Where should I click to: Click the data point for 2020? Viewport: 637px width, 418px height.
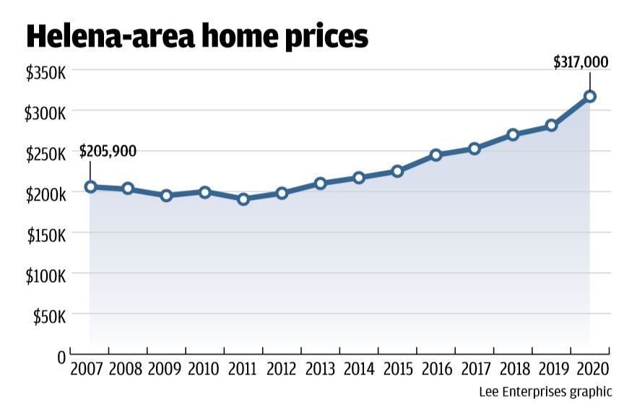click(590, 96)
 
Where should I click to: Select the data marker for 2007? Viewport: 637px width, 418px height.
click(90, 186)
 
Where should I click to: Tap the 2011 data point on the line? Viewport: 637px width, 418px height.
click(243, 199)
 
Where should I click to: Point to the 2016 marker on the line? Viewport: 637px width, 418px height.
click(435, 154)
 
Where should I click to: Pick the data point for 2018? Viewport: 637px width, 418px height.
click(513, 134)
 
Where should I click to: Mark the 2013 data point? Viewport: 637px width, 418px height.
click(321, 183)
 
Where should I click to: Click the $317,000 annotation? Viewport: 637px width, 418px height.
click(581, 63)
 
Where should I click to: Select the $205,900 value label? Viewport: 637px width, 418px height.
click(108, 152)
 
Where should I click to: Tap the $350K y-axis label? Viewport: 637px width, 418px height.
click(45, 73)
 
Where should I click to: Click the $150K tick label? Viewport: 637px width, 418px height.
click(45, 235)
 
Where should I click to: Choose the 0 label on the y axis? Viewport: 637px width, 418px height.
click(61, 357)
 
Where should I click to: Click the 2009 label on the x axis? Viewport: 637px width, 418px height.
click(165, 370)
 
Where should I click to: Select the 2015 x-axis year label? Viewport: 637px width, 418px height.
click(397, 370)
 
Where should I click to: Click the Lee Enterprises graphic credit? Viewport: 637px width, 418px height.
click(545, 393)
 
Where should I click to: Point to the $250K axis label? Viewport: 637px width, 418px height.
click(45, 154)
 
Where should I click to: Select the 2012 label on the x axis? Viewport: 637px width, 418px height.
click(282, 370)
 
